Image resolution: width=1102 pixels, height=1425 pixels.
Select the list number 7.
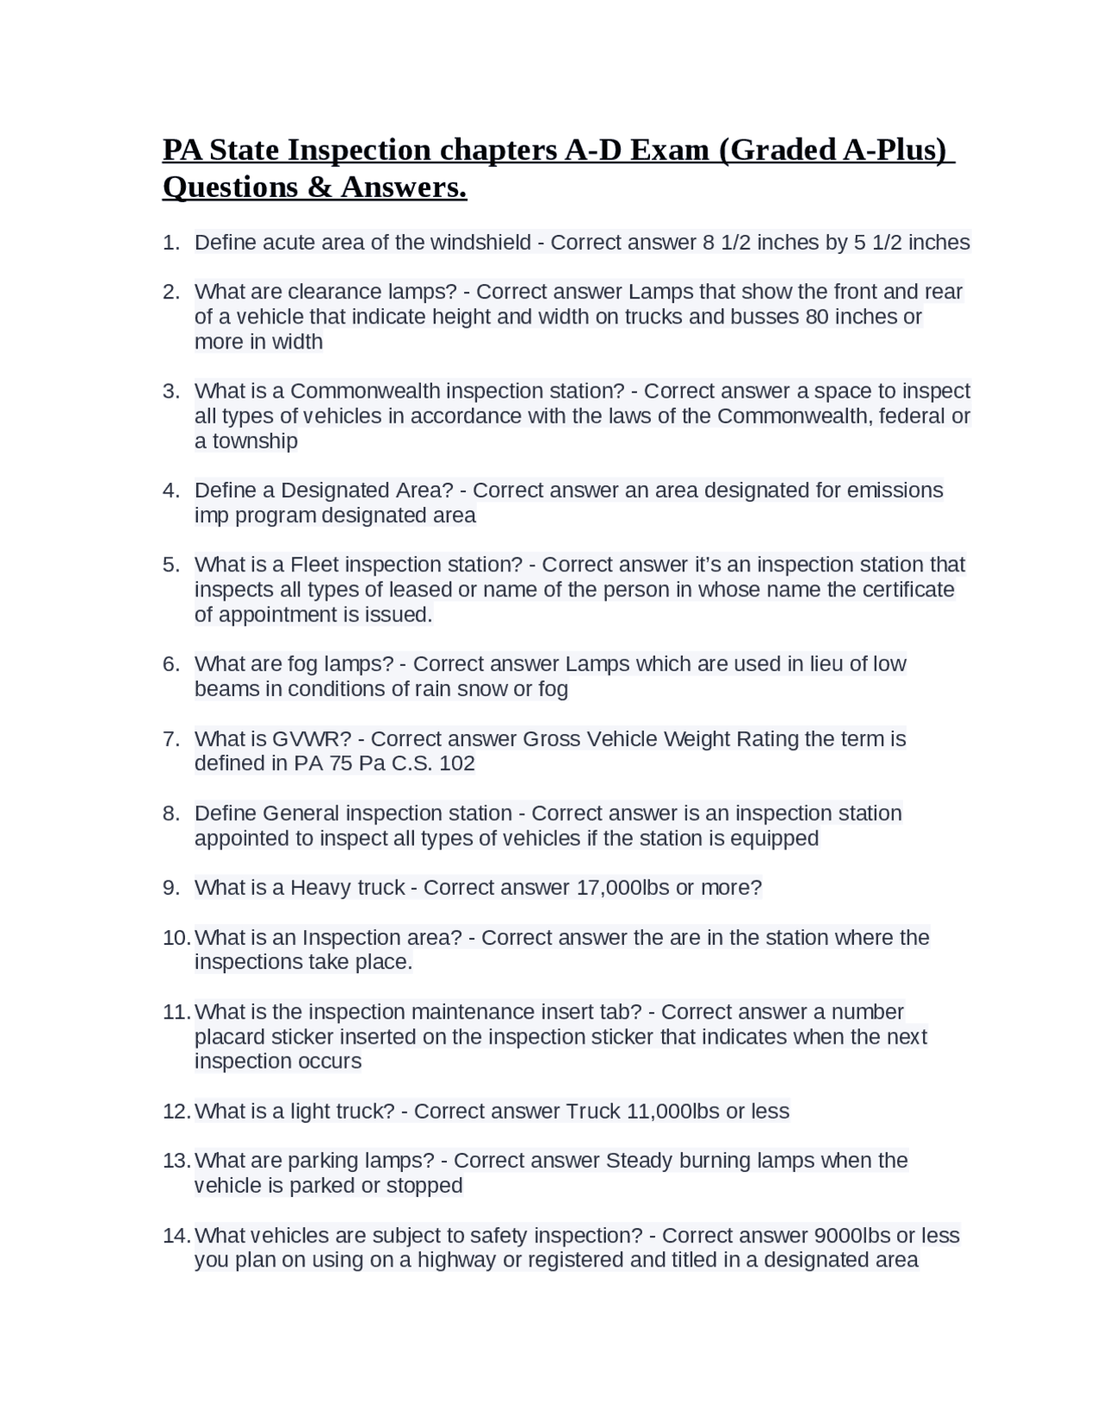pyautogui.click(x=170, y=739)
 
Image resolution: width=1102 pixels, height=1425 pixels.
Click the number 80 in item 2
pyautogui.click(x=817, y=317)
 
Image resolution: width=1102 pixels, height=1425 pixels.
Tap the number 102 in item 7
pyautogui.click(x=456, y=763)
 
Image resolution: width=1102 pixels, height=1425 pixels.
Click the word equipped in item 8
pyautogui.click(x=778, y=838)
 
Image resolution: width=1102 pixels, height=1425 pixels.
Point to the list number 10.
pyautogui.click(x=176, y=938)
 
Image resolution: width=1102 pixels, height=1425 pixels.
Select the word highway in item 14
pyautogui.click(x=456, y=1261)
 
